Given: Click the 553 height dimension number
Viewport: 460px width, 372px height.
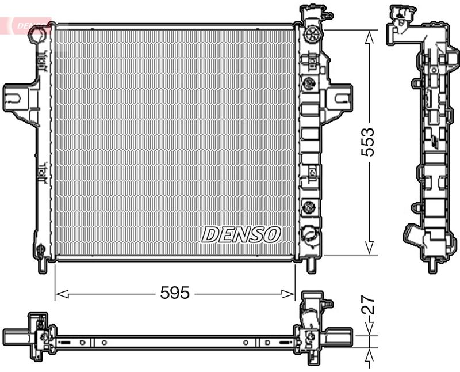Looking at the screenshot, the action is coord(368,142).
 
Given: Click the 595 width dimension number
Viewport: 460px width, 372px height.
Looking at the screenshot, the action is coord(175,293).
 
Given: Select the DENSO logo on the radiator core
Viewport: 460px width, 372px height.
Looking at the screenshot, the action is coord(241,235).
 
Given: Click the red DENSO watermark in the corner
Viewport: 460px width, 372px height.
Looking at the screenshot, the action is coord(29,25).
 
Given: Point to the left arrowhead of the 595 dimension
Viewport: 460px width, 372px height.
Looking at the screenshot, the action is coord(62,294).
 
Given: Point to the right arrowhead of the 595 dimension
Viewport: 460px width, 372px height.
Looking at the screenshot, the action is coord(288,294).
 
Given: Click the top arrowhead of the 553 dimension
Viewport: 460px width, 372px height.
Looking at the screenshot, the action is coord(369,37).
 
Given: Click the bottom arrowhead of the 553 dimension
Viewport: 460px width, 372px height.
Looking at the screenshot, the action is coord(369,248).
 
